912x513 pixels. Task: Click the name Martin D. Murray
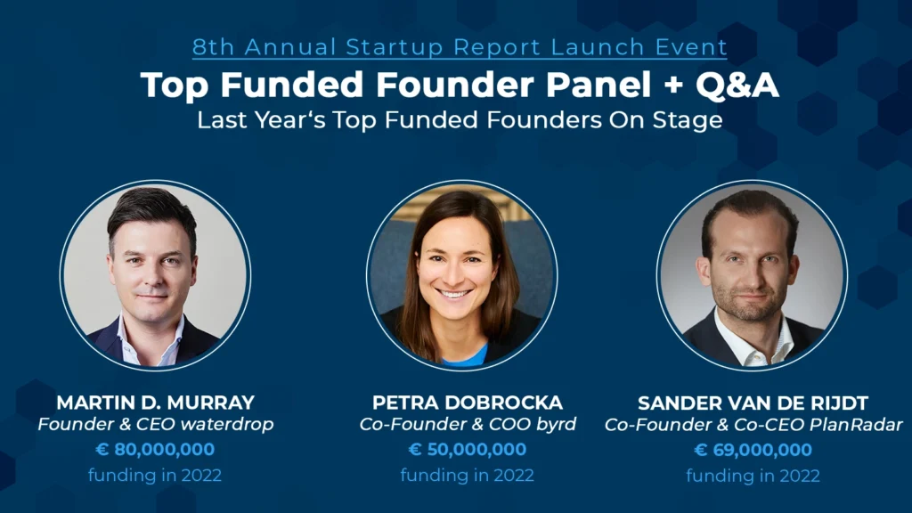[155, 403]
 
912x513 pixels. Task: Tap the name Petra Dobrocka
[467, 403]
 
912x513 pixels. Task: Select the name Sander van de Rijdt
[753, 403]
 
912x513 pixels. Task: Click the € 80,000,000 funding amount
[155, 449]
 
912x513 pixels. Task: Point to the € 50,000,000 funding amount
[467, 449]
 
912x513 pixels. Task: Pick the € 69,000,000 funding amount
[753, 450]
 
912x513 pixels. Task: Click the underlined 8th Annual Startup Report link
[460, 47]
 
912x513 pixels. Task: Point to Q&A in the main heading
[737, 85]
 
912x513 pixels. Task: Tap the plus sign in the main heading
[673, 85]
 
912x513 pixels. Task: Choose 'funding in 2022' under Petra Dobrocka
[467, 476]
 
